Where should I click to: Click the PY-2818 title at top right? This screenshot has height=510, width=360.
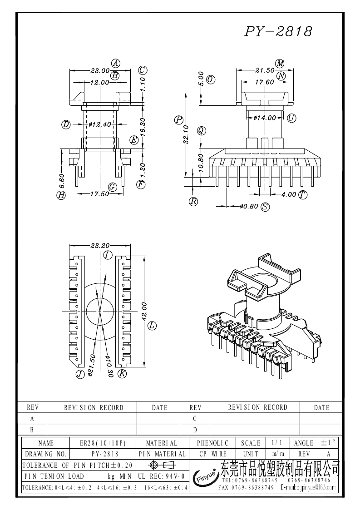click(278, 31)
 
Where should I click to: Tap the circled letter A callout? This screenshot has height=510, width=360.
click(115, 63)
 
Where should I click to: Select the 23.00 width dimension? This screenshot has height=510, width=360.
click(100, 70)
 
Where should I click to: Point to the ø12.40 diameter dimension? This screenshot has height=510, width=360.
click(100, 124)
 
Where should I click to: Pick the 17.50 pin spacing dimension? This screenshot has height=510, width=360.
click(99, 194)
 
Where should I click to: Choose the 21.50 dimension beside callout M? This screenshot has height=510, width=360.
click(265, 70)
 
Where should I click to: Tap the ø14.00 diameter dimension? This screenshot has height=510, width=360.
click(265, 118)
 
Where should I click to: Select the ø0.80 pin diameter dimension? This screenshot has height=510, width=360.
click(249, 207)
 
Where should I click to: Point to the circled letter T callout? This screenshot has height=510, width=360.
click(303, 194)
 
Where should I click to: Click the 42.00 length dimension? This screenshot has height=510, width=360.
click(144, 311)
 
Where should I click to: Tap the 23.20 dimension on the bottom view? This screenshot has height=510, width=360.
click(100, 246)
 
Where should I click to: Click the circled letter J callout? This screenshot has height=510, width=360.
click(80, 374)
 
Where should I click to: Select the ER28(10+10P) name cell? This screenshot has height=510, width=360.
click(103, 443)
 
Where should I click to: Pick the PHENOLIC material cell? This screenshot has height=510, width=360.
click(213, 443)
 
